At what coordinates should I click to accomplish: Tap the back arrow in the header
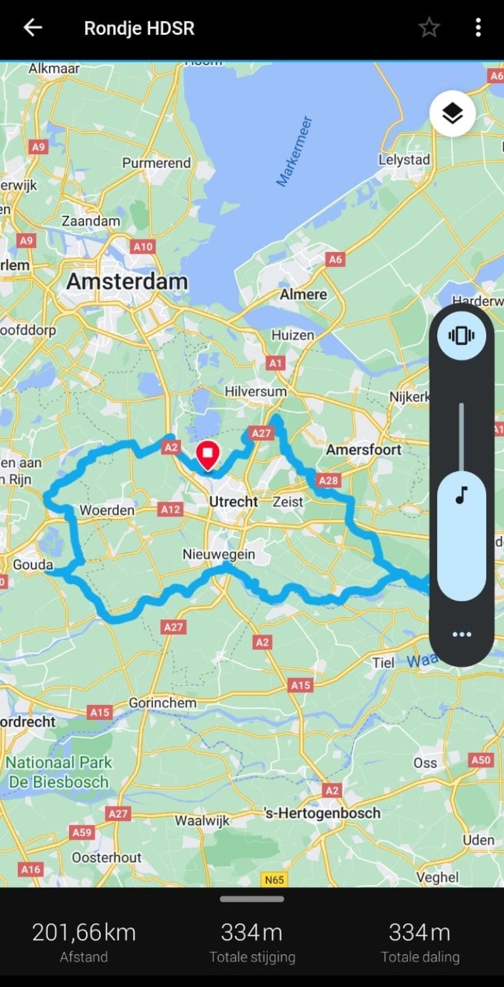[x=32, y=28]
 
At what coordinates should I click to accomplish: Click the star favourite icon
[x=429, y=28]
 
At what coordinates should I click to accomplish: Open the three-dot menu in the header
[x=478, y=28]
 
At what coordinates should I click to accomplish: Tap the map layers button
[x=452, y=114]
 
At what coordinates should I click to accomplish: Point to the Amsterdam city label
[x=127, y=282]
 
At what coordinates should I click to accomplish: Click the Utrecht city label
[x=234, y=502]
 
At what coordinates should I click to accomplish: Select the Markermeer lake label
[x=294, y=152]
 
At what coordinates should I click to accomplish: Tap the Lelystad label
[x=404, y=159]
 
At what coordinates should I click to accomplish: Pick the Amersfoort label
[x=364, y=450]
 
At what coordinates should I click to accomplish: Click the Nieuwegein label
[x=219, y=555]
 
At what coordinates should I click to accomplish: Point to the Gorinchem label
[x=162, y=703]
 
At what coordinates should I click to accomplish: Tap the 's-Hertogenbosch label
[x=322, y=813]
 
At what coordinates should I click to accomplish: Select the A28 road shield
[x=328, y=480]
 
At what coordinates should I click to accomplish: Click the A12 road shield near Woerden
[x=171, y=509]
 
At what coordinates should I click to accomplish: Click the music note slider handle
[x=461, y=496]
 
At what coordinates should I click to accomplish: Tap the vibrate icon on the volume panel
[x=461, y=336]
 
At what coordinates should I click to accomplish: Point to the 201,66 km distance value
[x=84, y=933]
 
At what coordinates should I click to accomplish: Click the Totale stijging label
[x=252, y=957]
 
